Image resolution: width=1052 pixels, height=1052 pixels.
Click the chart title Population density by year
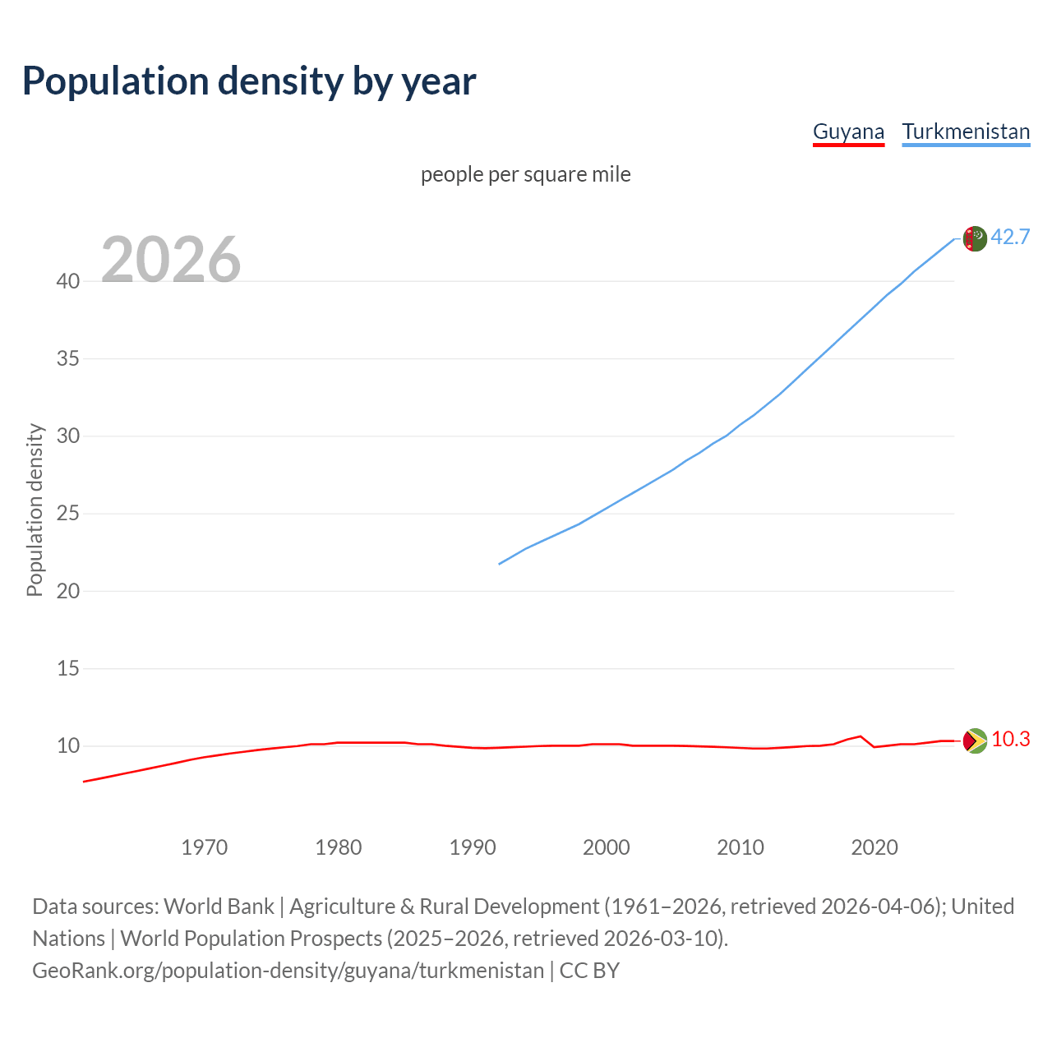pos(249,81)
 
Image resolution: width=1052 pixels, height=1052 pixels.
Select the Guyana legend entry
pos(848,131)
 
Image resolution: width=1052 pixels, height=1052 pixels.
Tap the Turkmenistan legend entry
pos(966,131)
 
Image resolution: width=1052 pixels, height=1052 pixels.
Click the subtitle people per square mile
pos(526,174)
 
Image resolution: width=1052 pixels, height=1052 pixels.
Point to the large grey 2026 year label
pos(171,260)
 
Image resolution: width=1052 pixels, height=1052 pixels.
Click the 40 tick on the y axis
pos(68,281)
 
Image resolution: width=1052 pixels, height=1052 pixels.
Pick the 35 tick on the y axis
pos(68,358)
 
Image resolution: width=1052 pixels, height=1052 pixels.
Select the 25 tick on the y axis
pos(68,514)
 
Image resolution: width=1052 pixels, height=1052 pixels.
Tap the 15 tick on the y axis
pos(68,668)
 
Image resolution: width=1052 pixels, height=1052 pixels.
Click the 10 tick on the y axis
pos(68,746)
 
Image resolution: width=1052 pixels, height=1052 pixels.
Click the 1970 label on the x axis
pos(205,847)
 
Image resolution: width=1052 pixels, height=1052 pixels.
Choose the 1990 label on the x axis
pos(473,847)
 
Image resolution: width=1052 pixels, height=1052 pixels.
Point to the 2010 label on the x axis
pos(741,847)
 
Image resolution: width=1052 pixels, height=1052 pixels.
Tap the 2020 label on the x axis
pos(874,847)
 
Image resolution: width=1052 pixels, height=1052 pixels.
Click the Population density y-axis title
pos(35,510)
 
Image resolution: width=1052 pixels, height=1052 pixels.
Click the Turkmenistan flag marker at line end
pos(975,238)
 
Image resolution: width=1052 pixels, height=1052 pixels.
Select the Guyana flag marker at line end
pos(975,741)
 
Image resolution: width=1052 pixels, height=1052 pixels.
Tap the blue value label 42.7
pos(1010,237)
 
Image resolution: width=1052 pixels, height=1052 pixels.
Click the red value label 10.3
pos(1010,739)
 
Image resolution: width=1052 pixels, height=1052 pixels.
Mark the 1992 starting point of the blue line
pos(500,564)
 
